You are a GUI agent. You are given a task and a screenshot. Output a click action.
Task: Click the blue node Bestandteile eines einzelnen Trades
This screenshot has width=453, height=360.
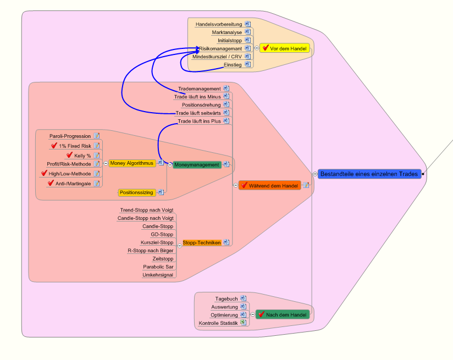pyautogui.click(x=369, y=174)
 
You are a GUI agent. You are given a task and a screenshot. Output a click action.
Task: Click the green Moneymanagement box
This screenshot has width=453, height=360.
pyautogui.click(x=196, y=164)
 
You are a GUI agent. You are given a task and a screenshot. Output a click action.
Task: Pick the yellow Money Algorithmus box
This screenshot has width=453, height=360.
pyautogui.click(x=131, y=163)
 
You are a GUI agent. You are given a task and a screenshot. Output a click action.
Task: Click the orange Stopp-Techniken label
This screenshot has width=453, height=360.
pyautogui.click(x=201, y=242)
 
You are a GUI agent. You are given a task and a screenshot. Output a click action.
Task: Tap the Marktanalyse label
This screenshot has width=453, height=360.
pyautogui.click(x=227, y=32)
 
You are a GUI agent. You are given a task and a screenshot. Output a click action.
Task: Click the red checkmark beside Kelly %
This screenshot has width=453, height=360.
pyautogui.click(x=69, y=155)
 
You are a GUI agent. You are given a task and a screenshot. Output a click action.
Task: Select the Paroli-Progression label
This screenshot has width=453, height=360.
pyautogui.click(x=70, y=136)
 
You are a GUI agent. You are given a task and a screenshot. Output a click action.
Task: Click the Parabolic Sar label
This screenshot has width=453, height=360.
pyautogui.click(x=158, y=267)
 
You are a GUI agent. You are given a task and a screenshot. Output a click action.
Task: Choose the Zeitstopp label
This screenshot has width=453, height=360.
pyautogui.click(x=163, y=258)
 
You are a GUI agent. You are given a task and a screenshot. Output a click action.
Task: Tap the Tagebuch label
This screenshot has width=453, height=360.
pyautogui.click(x=226, y=298)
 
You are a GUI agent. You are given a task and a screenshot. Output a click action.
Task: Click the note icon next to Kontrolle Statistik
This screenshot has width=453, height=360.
pyautogui.click(x=243, y=323)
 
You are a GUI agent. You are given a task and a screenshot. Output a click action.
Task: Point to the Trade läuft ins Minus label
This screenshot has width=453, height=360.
pyautogui.click(x=197, y=97)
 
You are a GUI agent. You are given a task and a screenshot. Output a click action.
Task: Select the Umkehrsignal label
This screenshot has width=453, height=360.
pyautogui.click(x=158, y=275)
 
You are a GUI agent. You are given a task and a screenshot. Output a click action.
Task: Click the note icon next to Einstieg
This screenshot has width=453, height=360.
pyautogui.click(x=247, y=64)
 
